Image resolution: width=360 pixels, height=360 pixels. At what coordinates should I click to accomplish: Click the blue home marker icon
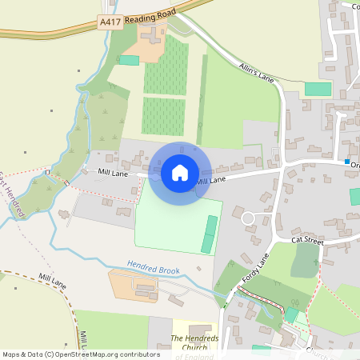(x=180, y=172)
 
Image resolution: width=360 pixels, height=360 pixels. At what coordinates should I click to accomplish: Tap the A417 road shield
(x=111, y=22)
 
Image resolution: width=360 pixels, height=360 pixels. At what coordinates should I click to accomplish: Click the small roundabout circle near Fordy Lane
(x=248, y=218)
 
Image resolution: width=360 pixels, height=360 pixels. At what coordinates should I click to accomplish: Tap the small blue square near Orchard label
(x=347, y=162)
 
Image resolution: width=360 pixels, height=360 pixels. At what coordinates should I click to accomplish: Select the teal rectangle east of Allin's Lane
(x=318, y=89)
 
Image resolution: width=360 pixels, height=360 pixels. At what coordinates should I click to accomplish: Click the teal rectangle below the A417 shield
(x=129, y=60)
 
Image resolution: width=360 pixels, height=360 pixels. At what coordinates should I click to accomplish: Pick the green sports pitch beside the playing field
(x=210, y=234)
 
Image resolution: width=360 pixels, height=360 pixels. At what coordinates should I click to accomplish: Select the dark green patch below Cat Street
(x=305, y=260)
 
